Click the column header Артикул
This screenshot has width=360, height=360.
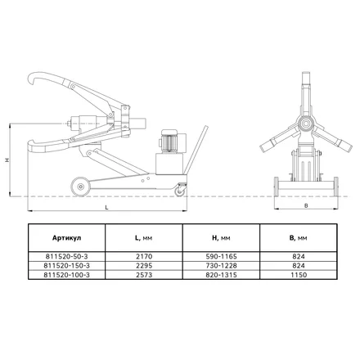pos(66,238)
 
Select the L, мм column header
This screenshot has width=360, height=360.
pos(144,238)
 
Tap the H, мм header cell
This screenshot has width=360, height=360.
pos(221,238)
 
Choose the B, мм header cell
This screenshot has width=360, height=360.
pos(298,238)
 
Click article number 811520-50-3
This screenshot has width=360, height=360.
pos(66,256)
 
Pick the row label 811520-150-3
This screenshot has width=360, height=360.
pos(66,266)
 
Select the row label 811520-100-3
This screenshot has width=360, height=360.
pos(66,275)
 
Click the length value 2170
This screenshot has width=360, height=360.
pos(144,256)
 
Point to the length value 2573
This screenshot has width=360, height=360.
pos(144,275)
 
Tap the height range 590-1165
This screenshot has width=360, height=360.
pos(221,256)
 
